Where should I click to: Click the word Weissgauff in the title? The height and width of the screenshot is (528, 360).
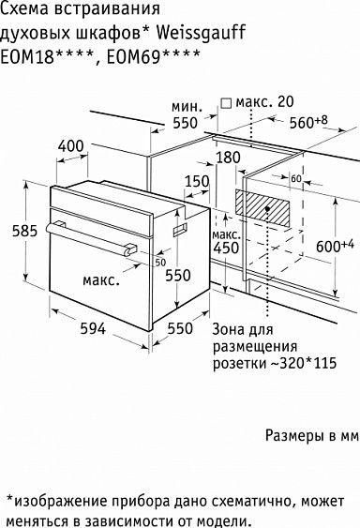pyautogui.click(x=201, y=35)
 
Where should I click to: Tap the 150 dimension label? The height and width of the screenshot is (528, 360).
pyautogui.click(x=198, y=182)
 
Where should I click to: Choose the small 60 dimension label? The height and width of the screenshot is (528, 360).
pyautogui.click(x=296, y=178)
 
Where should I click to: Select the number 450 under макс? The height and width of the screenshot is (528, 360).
pyautogui.click(x=224, y=249)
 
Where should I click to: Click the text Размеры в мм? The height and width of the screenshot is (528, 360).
pyautogui.click(x=312, y=437)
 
